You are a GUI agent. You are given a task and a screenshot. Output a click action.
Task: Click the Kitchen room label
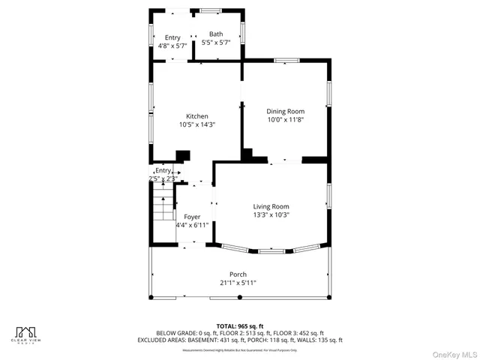click(x=197, y=116)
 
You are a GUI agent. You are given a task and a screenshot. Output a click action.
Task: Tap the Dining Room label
click(x=286, y=111)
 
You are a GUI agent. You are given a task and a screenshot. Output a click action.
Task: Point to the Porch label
click(x=238, y=274)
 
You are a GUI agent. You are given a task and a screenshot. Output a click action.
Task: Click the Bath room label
click(x=215, y=34)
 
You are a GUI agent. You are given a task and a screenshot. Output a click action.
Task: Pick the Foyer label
click(x=193, y=216)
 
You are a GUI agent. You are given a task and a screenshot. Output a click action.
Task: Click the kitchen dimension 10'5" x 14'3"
click(x=197, y=125)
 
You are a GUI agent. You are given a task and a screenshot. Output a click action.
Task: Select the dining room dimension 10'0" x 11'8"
click(x=286, y=119)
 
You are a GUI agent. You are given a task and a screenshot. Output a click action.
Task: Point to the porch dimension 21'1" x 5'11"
click(x=238, y=283)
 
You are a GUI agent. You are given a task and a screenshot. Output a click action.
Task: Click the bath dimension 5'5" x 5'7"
click(x=215, y=42)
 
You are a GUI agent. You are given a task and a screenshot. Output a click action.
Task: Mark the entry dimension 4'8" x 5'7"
click(x=172, y=45)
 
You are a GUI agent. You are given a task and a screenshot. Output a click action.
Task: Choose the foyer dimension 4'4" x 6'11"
click(x=192, y=224)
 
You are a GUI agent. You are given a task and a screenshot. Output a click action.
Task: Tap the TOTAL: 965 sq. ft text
click(x=239, y=325)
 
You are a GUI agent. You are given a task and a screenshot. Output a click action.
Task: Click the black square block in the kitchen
click(x=181, y=156)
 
